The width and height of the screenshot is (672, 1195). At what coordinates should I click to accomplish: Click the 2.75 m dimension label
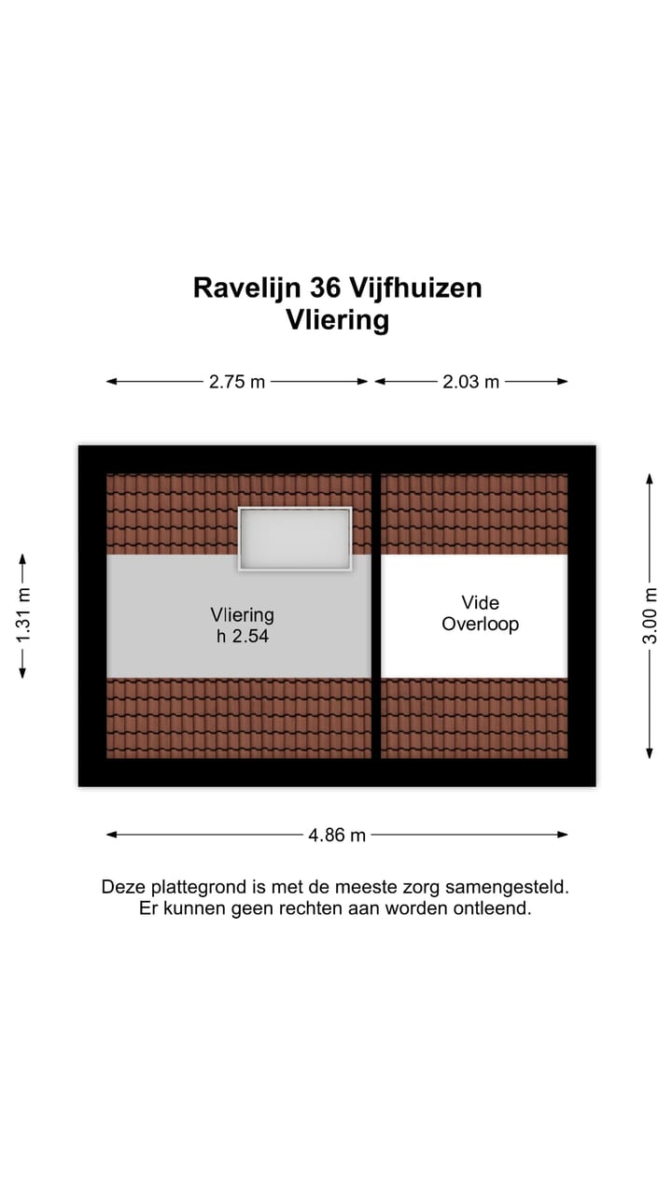[237, 381]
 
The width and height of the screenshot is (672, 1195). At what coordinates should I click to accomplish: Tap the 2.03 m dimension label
[470, 381]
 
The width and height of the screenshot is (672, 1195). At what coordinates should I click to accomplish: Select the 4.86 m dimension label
[337, 835]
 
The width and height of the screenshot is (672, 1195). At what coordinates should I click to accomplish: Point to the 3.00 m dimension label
[651, 615]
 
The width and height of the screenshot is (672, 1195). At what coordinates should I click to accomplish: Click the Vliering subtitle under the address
[337, 320]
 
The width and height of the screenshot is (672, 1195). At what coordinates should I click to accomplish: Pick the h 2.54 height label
[242, 636]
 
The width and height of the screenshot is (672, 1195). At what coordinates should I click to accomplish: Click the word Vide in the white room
[480, 603]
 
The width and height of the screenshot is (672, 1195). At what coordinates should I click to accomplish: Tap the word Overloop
[480, 625]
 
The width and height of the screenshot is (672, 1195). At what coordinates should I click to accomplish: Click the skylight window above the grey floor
[295, 539]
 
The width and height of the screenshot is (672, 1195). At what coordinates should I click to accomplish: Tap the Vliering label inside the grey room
[242, 614]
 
